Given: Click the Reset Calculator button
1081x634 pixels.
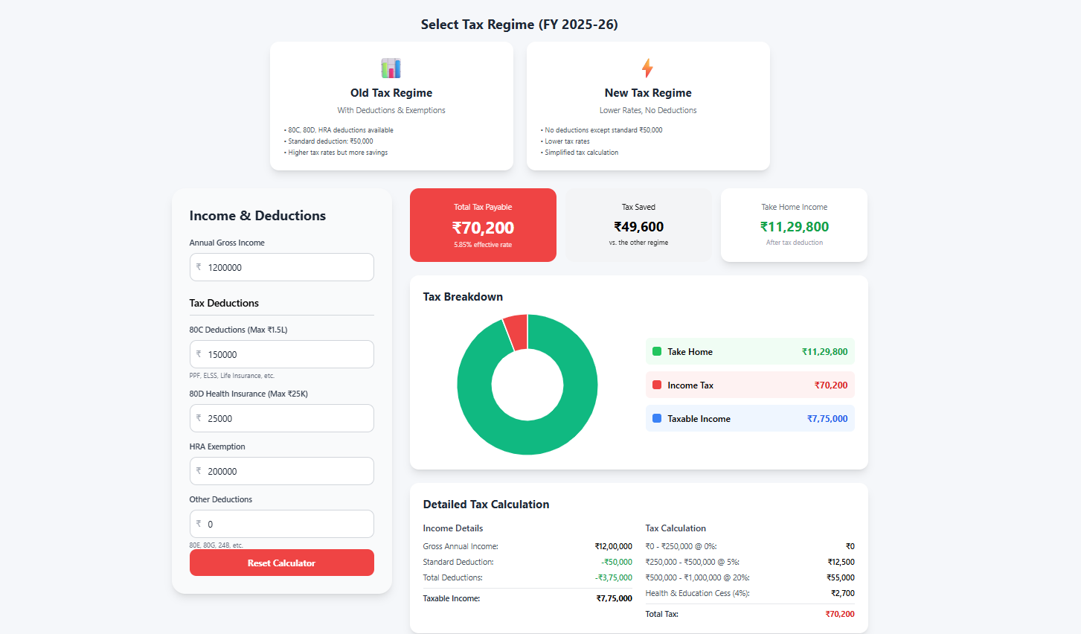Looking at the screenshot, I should tap(281, 563).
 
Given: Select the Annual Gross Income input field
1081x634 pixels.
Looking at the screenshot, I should tap(281, 267).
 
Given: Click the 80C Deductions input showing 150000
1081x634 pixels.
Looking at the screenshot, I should tap(281, 354).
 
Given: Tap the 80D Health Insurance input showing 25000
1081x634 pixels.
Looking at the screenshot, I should tap(281, 418).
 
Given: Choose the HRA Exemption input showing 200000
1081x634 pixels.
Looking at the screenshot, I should tap(281, 471).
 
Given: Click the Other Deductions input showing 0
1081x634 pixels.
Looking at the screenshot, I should tap(281, 524).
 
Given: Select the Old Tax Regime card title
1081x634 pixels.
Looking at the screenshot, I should tap(391, 93).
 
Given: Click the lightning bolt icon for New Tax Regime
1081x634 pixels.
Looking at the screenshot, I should tap(647, 68).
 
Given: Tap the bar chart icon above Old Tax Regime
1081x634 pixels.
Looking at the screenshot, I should tap(391, 68).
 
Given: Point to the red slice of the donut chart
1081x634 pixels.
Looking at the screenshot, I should tap(516, 331).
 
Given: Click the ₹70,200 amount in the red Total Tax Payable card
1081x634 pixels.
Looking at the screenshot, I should tap(483, 228).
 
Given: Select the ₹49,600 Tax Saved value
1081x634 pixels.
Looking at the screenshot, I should tap(638, 227).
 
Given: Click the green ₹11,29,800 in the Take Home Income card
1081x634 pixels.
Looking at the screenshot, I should tap(794, 227).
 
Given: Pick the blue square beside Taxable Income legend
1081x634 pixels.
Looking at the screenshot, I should tap(657, 418).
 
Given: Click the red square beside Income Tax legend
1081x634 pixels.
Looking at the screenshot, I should tap(657, 385).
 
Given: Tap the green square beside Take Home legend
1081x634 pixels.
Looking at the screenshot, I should tap(657, 351).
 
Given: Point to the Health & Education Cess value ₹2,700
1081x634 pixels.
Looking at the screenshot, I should tap(842, 593).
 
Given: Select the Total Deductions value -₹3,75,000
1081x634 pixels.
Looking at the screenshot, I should tap(614, 577).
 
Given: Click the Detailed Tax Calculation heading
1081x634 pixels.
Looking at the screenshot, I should tap(486, 505).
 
